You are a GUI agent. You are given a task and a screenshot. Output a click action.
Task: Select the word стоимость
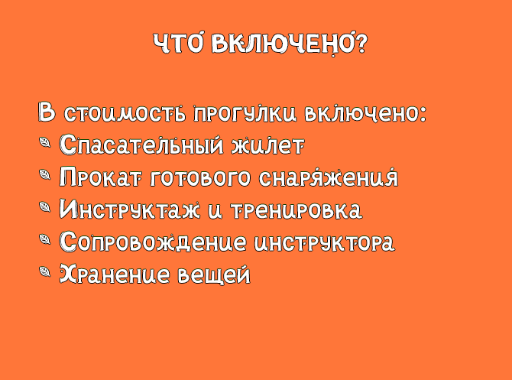(125, 113)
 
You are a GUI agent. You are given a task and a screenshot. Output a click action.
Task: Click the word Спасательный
(141, 145)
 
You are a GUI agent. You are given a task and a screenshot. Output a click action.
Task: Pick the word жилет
(268, 145)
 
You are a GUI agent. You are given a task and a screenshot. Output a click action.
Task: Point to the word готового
(200, 177)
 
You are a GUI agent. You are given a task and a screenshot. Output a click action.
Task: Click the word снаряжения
(329, 177)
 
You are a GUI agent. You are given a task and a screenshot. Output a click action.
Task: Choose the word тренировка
(297, 209)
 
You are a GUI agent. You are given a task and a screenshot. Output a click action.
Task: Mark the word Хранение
(115, 274)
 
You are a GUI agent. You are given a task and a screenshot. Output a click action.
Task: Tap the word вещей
(214, 274)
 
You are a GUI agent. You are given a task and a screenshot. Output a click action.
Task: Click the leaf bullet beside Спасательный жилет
(45, 142)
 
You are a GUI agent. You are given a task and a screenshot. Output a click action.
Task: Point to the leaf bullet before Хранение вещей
(45, 271)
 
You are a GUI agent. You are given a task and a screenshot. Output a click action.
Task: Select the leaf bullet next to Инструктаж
(45, 206)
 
